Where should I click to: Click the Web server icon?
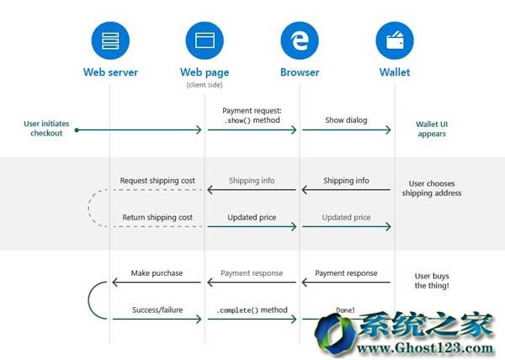point(110,39)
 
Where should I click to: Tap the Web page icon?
point(205,39)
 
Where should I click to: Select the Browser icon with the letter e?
point(300,39)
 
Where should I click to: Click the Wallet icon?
point(394,39)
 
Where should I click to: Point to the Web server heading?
point(110,72)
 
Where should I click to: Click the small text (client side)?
point(205,85)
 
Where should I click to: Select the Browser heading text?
point(300,72)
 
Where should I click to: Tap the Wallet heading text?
point(394,72)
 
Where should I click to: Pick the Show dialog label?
point(346,120)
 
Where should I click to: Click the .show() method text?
point(251,121)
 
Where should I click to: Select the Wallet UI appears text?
point(431,128)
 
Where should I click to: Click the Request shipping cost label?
point(157,181)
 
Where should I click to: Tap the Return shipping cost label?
point(157,218)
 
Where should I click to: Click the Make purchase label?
point(157,273)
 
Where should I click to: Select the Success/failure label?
point(157,310)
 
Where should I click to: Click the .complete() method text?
point(251,310)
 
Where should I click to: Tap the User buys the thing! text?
point(431,280)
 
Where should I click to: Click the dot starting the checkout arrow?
point(76,130)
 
